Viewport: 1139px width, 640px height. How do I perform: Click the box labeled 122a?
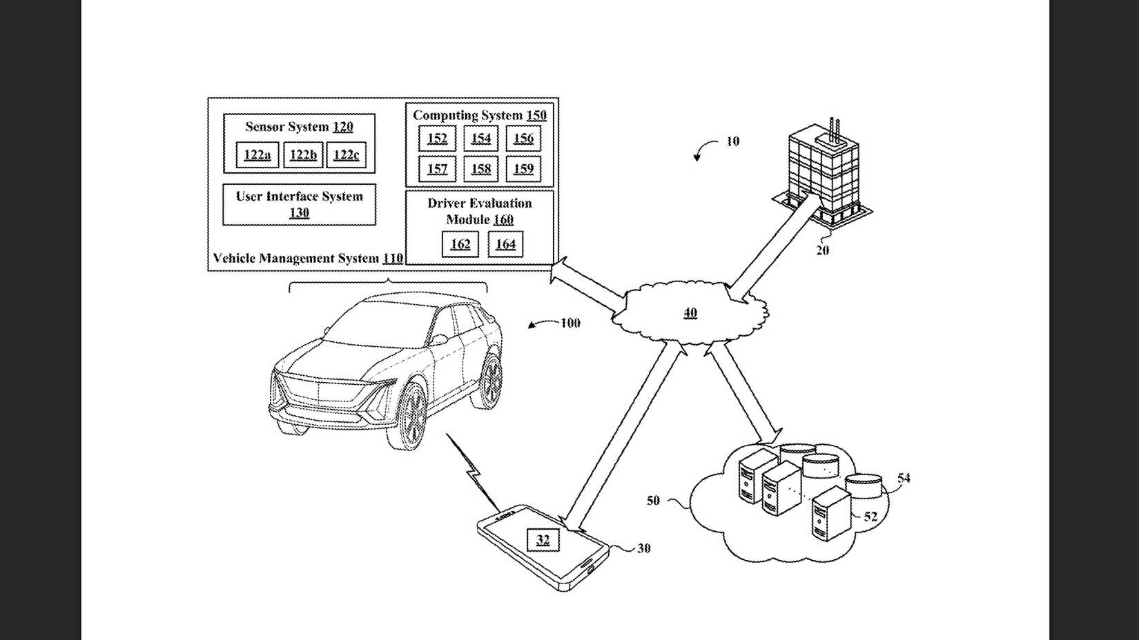click(x=257, y=155)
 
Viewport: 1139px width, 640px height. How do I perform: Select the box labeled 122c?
click(x=346, y=155)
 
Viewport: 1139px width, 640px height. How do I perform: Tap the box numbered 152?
click(x=437, y=139)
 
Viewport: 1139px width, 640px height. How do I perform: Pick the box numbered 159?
click(x=523, y=169)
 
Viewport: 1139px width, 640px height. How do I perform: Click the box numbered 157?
click(x=437, y=169)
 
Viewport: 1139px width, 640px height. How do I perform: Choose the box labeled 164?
click(x=505, y=244)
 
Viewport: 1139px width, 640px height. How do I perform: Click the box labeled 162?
click(x=460, y=244)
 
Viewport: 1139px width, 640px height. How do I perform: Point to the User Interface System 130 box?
click(x=299, y=204)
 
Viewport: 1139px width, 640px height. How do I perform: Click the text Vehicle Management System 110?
click(x=308, y=259)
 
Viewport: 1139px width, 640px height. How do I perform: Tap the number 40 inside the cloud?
click(x=690, y=313)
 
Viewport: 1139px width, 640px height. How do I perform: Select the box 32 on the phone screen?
click(x=543, y=539)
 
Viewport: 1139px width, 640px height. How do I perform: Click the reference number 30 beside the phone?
click(x=643, y=548)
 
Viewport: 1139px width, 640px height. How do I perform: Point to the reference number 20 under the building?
click(x=822, y=250)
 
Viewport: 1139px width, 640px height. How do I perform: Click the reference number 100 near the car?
click(x=570, y=323)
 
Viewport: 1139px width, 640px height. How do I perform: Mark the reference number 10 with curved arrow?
click(x=732, y=141)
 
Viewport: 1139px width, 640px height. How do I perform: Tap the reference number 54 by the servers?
click(x=904, y=478)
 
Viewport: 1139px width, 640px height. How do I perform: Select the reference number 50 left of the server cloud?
click(x=653, y=501)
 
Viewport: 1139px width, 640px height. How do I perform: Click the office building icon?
click(x=824, y=172)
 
